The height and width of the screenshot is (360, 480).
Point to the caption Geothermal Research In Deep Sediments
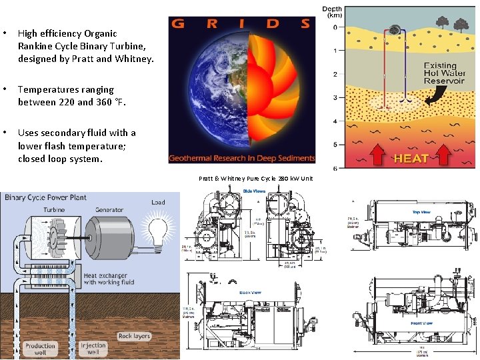coord(241,158)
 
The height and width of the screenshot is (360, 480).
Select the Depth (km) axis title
coord(333,12)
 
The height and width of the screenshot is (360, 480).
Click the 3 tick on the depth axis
coord(335,97)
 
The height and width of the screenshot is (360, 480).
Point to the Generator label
coord(109,209)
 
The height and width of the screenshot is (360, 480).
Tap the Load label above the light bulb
coord(158,202)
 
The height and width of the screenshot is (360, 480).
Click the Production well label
coord(40,349)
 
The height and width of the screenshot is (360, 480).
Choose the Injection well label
coord(93,349)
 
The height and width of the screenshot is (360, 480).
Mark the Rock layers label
coord(134,336)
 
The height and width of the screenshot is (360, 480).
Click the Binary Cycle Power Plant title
coord(46,197)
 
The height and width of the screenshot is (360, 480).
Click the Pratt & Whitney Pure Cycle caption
coord(255,179)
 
